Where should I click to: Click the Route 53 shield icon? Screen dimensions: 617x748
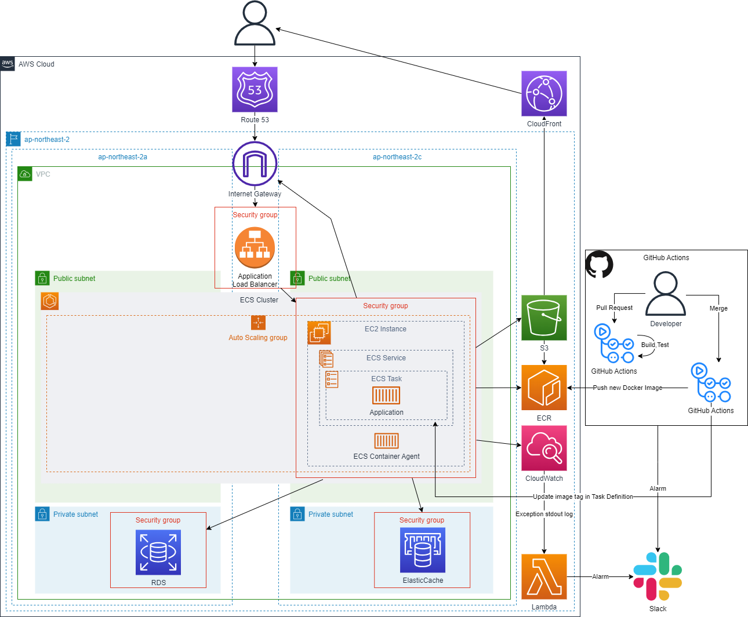[255, 89]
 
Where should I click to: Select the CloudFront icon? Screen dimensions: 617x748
[544, 93]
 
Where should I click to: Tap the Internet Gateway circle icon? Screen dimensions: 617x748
[255, 164]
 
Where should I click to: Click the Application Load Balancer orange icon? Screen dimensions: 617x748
[255, 247]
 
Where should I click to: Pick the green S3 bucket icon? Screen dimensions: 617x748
[544, 317]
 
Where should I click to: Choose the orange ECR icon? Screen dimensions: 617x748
[544, 388]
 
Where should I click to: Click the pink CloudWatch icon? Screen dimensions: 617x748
[544, 448]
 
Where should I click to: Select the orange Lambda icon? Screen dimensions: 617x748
[544, 576]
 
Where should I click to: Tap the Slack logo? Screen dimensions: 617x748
[658, 576]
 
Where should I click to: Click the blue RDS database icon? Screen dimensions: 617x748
[158, 552]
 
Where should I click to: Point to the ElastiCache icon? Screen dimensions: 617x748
[423, 550]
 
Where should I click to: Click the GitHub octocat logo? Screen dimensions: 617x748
[599, 265]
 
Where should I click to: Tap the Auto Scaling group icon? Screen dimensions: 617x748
[258, 323]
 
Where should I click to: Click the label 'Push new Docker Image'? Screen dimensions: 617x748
[627, 388]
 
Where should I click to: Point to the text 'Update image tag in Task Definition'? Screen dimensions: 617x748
[583, 496]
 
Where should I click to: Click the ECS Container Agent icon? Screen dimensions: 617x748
[386, 441]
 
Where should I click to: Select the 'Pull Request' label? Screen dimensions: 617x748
[614, 308]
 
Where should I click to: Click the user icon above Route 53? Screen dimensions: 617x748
[255, 23]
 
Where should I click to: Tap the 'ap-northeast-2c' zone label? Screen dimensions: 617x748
[397, 157]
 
